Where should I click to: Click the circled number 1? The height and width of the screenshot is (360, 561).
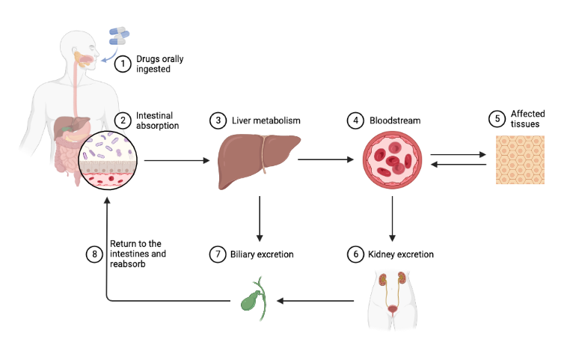click(x=123, y=64)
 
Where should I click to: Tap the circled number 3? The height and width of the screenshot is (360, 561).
click(x=218, y=120)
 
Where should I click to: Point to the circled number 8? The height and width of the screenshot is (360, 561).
click(x=94, y=254)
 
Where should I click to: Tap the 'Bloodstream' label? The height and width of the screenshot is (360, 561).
click(x=393, y=120)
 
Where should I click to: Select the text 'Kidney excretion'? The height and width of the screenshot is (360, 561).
click(x=401, y=254)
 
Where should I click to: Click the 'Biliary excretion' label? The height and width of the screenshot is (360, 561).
click(x=262, y=254)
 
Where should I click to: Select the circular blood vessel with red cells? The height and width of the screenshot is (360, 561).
click(x=393, y=160)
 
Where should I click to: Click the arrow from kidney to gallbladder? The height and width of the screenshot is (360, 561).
click(x=315, y=301)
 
